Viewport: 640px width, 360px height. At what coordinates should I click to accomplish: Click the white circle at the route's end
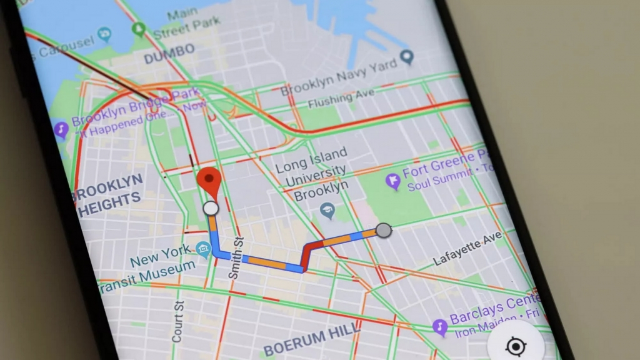coord(211,208)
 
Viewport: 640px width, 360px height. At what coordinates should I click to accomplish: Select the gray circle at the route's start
coord(384,231)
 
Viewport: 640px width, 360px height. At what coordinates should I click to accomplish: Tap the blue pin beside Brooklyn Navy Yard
coord(407,58)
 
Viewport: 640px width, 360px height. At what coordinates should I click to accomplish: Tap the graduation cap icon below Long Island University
coord(327,211)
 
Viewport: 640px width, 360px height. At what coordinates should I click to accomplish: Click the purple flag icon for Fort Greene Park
coord(392,181)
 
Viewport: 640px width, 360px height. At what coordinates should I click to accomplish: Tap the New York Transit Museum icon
coord(202,249)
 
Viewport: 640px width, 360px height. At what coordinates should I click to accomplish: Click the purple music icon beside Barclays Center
coord(440,326)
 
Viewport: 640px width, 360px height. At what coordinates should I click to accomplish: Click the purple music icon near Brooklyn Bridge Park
coord(61,130)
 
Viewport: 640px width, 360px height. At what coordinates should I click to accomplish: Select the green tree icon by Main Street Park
coord(140,28)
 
